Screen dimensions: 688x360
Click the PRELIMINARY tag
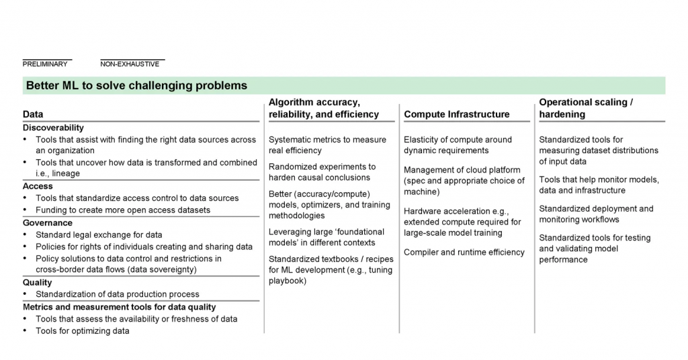click(45, 64)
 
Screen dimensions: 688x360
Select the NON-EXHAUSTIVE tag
click(130, 64)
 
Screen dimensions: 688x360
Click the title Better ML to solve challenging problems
click(137, 85)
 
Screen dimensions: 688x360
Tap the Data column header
click(33, 114)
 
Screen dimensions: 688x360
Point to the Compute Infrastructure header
click(457, 114)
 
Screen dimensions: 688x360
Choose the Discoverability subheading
click(54, 128)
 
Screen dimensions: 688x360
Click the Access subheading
click(38, 186)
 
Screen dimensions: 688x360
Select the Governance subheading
click(48, 223)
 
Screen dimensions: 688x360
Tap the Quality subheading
click(38, 282)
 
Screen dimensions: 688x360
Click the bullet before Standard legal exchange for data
click(25, 234)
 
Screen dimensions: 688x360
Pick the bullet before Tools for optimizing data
click(25, 330)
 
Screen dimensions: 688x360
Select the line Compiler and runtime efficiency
click(464, 252)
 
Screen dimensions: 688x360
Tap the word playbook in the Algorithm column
click(288, 281)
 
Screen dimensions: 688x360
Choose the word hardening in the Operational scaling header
click(562, 114)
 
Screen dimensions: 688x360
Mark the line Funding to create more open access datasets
click(123, 210)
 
